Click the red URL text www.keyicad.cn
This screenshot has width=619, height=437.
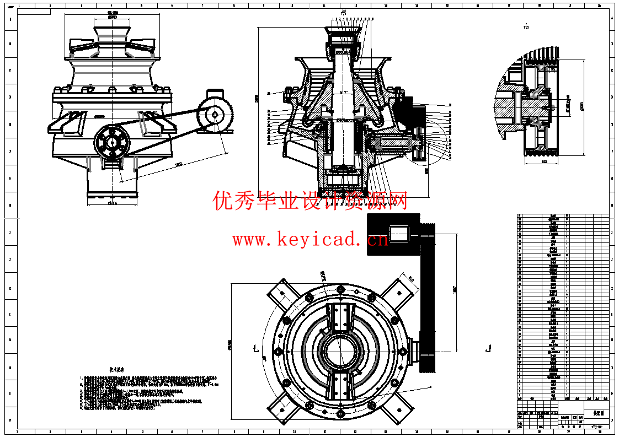[311, 240]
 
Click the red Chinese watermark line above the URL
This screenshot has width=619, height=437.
[311, 201]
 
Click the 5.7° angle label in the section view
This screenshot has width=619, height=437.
[343, 92]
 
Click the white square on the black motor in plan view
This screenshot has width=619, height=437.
[399, 234]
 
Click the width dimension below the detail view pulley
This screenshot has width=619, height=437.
[544, 161]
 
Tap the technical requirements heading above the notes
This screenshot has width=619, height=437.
[115, 370]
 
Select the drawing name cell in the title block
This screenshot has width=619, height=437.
[597, 412]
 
